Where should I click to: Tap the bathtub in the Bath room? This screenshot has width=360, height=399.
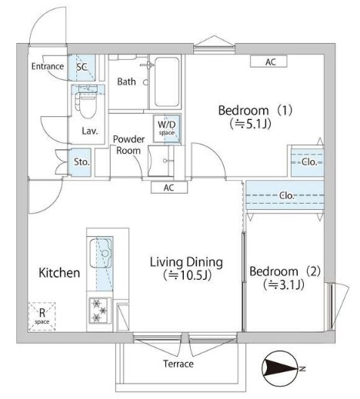pyautogui.click(x=167, y=82)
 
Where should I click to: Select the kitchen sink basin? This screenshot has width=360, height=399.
pyautogui.click(x=100, y=253)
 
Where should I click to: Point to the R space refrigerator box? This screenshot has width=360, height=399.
pyautogui.click(x=42, y=317)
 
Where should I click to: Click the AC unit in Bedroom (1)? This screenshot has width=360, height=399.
pyautogui.click(x=268, y=62)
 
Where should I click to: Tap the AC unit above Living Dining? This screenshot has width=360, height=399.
pyautogui.click(x=169, y=188)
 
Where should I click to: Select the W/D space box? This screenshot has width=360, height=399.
pyautogui.click(x=167, y=128)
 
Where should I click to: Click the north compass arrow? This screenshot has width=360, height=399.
pyautogui.click(x=281, y=369)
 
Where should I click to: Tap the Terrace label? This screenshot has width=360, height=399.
pyautogui.click(x=178, y=364)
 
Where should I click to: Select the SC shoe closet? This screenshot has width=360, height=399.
pyautogui.click(x=82, y=68)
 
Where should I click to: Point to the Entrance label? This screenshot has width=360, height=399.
pyautogui.click(x=48, y=66)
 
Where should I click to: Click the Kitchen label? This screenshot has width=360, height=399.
pyautogui.click(x=59, y=273)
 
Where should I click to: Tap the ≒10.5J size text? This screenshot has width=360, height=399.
pyautogui.click(x=187, y=275)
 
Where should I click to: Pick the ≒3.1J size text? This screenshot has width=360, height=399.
pyautogui.click(x=284, y=284)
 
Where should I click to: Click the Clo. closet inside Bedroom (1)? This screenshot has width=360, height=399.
pyautogui.click(x=308, y=162)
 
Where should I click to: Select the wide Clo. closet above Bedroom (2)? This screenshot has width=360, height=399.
pyautogui.click(x=285, y=195)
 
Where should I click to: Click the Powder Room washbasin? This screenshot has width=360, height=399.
pyautogui.click(x=161, y=161)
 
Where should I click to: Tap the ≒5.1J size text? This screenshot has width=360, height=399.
pyautogui.click(x=251, y=124)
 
